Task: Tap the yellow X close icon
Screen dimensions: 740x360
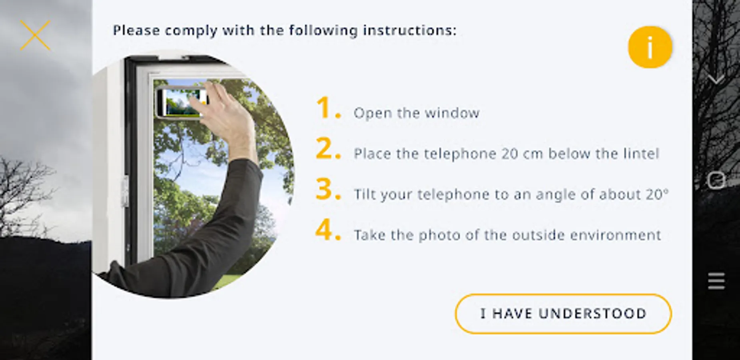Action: coord(35,35)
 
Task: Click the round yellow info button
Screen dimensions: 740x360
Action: coord(650,47)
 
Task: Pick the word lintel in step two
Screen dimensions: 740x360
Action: coord(641,154)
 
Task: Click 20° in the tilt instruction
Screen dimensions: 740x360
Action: coord(657,194)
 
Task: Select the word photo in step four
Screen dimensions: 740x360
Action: coord(439,235)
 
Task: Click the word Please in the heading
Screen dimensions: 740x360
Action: coord(136,30)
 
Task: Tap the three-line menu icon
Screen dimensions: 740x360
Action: coord(716,281)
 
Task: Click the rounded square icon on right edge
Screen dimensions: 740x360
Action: coord(716,180)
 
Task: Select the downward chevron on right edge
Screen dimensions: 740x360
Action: coord(716,80)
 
